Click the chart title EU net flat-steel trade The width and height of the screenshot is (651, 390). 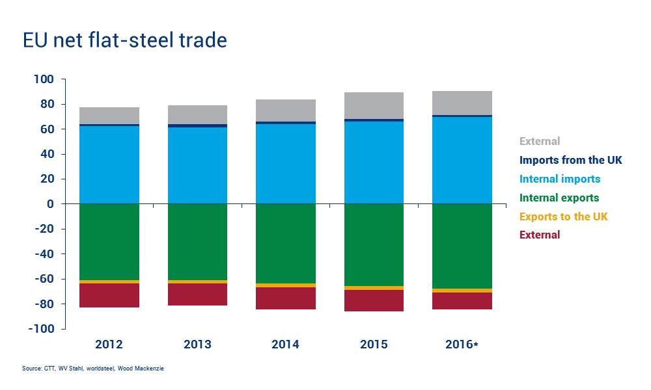click(124, 40)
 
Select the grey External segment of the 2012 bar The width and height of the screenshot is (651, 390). click(109, 115)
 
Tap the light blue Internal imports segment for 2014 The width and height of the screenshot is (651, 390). click(286, 163)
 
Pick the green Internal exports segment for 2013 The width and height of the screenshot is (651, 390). click(197, 241)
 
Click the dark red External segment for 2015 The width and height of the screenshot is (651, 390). click(374, 300)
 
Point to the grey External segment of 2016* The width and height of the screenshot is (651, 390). click(462, 103)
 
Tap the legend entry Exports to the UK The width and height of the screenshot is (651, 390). click(563, 216)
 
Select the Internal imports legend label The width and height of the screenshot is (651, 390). click(560, 179)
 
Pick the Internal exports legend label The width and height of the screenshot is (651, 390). click(559, 198)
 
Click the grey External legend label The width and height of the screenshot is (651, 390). click(540, 141)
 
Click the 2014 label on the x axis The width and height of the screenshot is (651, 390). click(286, 344)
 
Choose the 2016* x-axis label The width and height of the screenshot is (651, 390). click(462, 344)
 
